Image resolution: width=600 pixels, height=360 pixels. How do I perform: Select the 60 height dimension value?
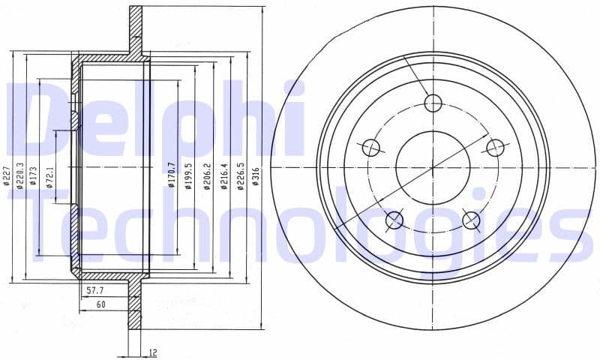point(101,304)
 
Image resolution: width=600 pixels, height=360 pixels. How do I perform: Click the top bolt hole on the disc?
point(432,103)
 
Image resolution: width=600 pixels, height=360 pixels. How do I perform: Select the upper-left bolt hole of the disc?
point(371,148)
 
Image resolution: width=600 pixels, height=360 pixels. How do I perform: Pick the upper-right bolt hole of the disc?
point(493,147)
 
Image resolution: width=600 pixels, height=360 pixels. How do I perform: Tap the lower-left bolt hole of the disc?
point(394,219)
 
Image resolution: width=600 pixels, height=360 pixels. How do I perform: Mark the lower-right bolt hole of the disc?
point(471,219)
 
